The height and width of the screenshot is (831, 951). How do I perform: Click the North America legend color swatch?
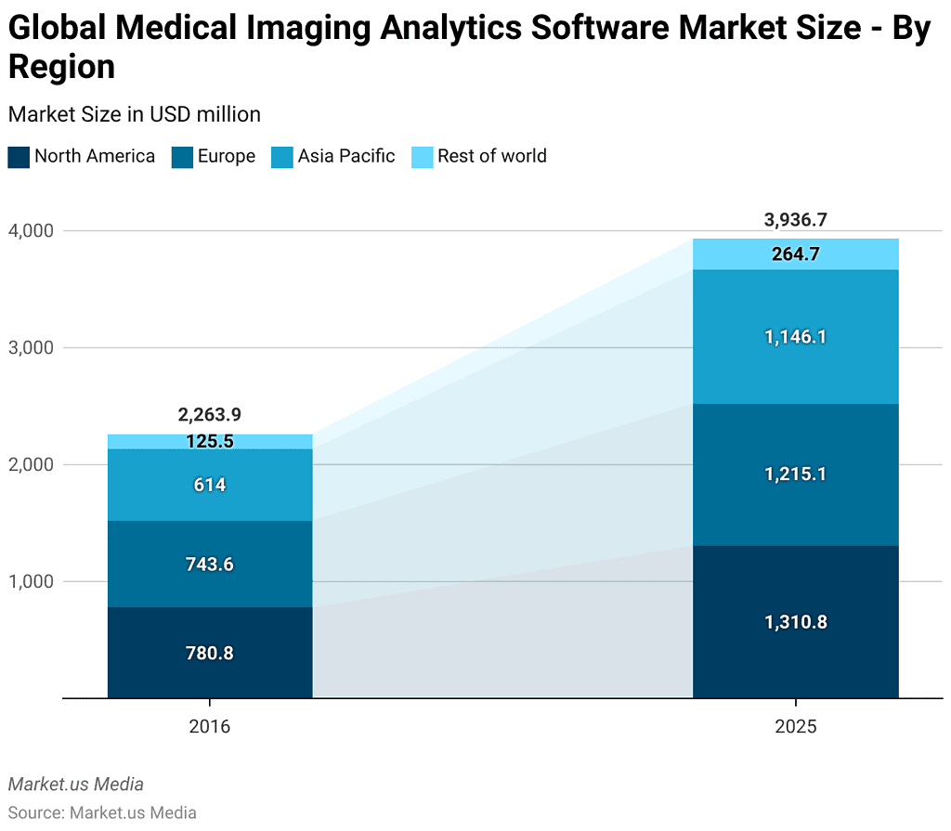click(19, 157)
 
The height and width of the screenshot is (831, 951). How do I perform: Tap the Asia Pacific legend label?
click(345, 157)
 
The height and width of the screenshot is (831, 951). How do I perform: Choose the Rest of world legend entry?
click(491, 157)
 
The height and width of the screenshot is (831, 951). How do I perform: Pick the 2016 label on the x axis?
click(210, 726)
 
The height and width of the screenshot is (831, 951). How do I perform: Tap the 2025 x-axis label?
click(795, 726)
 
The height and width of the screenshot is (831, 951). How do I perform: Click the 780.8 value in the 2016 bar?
click(210, 653)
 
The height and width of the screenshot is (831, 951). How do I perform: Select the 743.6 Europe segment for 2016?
click(210, 565)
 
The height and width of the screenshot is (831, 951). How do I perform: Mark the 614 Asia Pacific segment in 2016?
click(210, 485)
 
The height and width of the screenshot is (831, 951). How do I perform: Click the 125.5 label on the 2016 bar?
click(210, 442)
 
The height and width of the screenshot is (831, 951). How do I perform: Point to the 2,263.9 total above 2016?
click(210, 415)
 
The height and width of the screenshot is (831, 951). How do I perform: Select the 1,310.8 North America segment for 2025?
click(795, 622)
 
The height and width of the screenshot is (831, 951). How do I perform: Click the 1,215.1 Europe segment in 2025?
click(795, 474)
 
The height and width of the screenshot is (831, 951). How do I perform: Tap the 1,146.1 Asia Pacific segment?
click(795, 337)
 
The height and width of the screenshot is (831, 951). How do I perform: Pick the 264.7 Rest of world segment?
click(795, 254)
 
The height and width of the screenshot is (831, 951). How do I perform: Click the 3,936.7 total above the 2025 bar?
click(795, 220)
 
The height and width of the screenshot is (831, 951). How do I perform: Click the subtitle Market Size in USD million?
click(134, 114)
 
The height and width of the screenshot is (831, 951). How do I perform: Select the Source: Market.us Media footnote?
click(102, 812)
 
